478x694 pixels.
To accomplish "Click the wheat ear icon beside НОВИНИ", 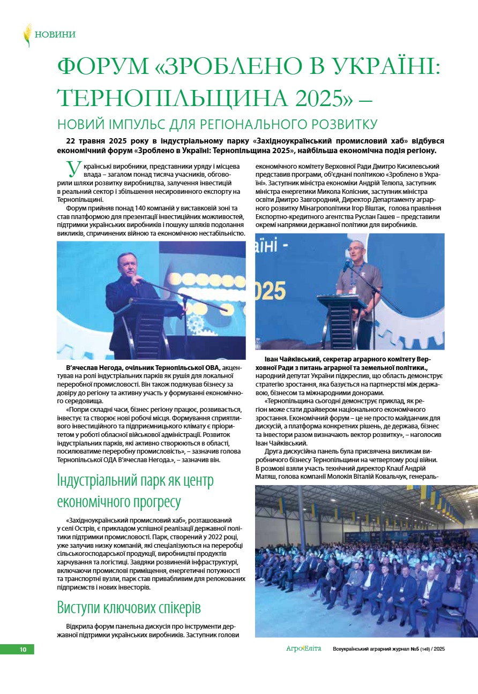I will point(27,35).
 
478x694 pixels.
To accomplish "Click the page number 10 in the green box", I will point(23,650).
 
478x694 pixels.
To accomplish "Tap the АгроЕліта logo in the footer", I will point(303,649).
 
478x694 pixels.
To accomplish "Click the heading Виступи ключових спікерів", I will point(129,609).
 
